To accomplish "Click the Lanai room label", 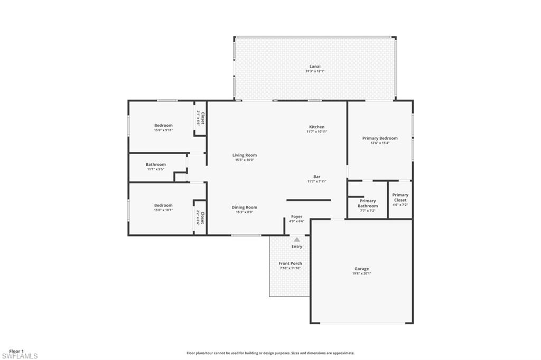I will [x=315, y=67].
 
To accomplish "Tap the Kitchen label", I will [x=316, y=127].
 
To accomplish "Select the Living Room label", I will [x=244, y=155].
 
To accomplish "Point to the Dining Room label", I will [x=244, y=207].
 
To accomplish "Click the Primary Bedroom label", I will [x=380, y=138].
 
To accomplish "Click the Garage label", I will [x=361, y=269].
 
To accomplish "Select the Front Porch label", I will [x=290, y=263].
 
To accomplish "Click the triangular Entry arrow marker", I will [x=297, y=240].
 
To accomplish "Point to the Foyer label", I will [x=297, y=216].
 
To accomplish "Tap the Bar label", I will [x=316, y=177].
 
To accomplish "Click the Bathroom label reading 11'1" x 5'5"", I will [x=155, y=165].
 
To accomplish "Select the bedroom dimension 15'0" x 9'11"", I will [x=163, y=130].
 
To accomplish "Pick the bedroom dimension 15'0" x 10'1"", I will [x=163, y=210].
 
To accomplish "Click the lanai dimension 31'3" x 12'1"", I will [x=315, y=71].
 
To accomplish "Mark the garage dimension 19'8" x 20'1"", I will [x=361, y=273].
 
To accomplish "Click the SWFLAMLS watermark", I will [x=20, y=356].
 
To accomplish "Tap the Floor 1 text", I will [x=16, y=350].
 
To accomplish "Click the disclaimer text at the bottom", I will [x=270, y=353].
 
